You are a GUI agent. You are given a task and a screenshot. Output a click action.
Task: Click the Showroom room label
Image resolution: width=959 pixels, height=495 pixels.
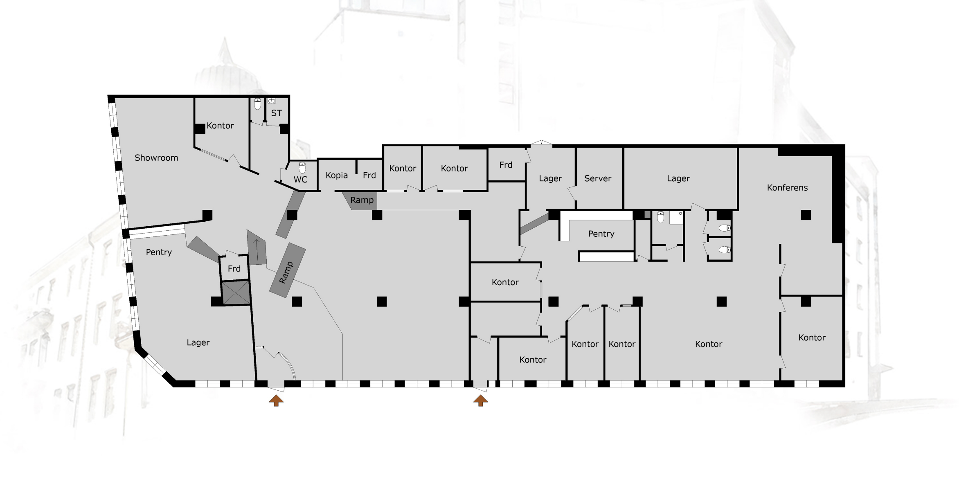[156, 158]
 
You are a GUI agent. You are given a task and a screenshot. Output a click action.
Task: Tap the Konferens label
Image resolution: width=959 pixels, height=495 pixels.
[787, 188]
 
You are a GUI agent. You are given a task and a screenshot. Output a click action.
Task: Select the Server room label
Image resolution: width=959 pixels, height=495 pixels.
[598, 178]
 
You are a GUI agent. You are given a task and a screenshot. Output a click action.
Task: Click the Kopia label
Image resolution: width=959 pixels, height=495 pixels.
[337, 175]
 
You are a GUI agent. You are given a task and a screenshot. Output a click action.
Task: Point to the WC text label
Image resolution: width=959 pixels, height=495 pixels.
[300, 180]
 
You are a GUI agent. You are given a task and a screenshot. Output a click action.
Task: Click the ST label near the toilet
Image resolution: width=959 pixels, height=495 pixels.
[277, 113]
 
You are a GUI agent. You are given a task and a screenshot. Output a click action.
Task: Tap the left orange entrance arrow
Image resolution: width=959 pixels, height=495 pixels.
[276, 400]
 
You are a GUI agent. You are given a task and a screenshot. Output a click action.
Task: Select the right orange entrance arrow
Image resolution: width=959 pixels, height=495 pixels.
[480, 400]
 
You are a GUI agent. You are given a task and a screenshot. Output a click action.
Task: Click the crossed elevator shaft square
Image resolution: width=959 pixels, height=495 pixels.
[236, 293]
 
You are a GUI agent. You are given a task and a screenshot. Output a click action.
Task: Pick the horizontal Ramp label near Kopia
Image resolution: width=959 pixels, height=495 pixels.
[362, 200]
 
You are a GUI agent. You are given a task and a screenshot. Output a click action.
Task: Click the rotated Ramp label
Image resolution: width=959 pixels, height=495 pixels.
[286, 272]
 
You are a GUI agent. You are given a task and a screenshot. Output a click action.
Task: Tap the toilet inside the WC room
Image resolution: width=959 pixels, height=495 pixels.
[302, 168]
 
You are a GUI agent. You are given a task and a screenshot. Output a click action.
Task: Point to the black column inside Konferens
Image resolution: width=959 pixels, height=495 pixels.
[806, 215]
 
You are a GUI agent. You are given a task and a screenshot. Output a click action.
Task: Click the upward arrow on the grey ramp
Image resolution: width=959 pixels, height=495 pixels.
[257, 250]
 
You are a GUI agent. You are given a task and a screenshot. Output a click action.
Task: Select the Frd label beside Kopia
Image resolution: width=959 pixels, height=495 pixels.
[369, 175]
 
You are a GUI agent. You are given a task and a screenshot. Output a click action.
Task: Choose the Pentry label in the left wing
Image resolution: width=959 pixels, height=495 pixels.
[159, 252]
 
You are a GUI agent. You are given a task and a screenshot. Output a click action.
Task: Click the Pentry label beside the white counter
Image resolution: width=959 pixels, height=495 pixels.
[601, 234]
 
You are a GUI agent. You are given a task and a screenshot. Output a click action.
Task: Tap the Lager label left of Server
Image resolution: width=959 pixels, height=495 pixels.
[550, 179]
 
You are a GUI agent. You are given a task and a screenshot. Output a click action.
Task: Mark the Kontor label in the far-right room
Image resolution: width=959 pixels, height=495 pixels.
[812, 337]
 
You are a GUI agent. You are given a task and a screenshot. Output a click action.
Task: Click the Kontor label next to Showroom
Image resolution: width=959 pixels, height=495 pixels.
[220, 126]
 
